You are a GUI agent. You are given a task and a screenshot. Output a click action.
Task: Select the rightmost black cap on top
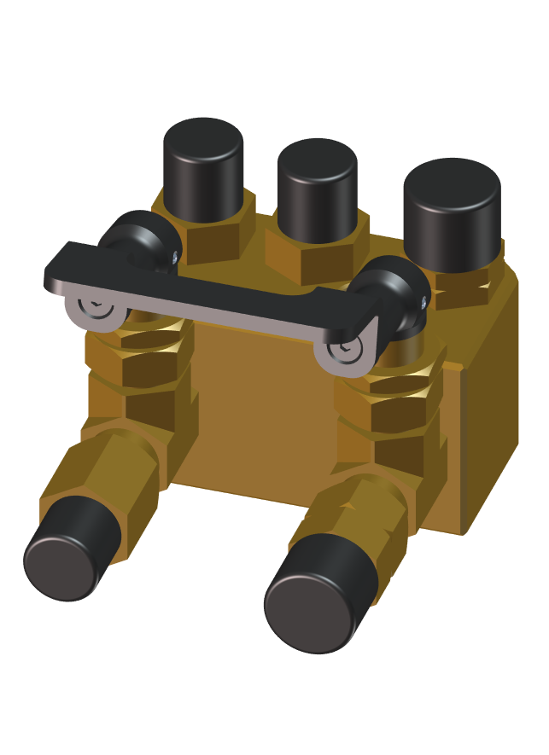pos(452,213)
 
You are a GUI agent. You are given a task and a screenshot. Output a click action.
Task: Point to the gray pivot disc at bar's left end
pos(93,308)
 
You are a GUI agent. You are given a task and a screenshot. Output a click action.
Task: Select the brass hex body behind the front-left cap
pos(120,473)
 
